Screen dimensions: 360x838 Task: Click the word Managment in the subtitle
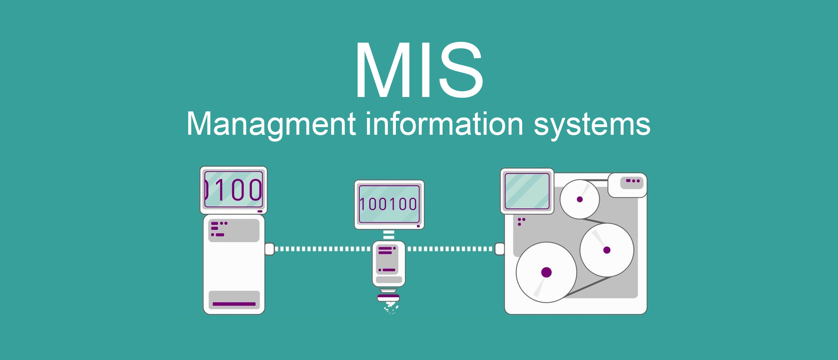click(271, 124)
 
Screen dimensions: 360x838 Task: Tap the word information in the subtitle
click(444, 124)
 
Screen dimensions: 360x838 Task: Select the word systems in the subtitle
click(592, 125)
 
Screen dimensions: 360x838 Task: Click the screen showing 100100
click(389, 204)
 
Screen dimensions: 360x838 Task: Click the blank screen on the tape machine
click(527, 191)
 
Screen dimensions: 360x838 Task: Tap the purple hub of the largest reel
click(546, 272)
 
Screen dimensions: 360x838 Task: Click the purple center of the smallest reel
click(580, 199)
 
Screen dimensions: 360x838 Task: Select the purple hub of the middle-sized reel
click(607, 250)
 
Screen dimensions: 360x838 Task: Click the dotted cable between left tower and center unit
click(322, 249)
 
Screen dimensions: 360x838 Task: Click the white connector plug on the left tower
click(270, 249)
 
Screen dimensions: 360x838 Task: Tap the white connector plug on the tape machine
click(499, 249)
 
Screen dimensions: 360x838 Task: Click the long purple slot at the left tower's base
click(234, 304)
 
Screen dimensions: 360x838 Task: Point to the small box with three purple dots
click(627, 185)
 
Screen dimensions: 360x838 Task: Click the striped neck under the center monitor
click(389, 235)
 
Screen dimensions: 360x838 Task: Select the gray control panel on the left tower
click(234, 230)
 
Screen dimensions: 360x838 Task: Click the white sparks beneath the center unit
click(391, 309)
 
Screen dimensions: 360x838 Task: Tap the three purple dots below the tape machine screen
click(521, 221)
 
